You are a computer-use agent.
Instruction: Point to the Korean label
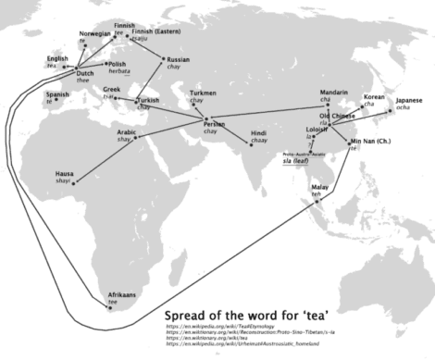tap(374, 96)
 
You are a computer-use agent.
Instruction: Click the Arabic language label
tap(128, 134)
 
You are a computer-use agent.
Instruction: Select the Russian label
tap(179, 60)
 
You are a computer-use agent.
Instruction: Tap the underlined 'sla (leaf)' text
tap(296, 159)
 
